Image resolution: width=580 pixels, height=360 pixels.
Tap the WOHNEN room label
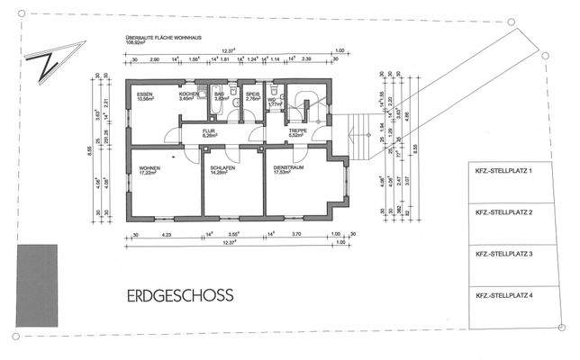(x=149, y=167)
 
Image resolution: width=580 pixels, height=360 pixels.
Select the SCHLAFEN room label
(x=222, y=167)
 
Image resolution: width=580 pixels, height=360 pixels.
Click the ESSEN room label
(x=146, y=94)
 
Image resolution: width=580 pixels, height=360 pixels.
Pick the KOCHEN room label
(x=188, y=94)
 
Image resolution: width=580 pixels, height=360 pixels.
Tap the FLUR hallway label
(x=210, y=131)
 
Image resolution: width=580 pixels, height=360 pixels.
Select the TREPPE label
(x=298, y=131)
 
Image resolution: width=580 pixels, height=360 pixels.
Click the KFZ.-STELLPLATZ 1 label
(x=507, y=170)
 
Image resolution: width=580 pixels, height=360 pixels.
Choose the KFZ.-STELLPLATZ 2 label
(x=507, y=212)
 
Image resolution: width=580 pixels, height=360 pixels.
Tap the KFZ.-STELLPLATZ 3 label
(x=507, y=254)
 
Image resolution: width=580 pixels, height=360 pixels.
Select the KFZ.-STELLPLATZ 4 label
(x=507, y=295)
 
